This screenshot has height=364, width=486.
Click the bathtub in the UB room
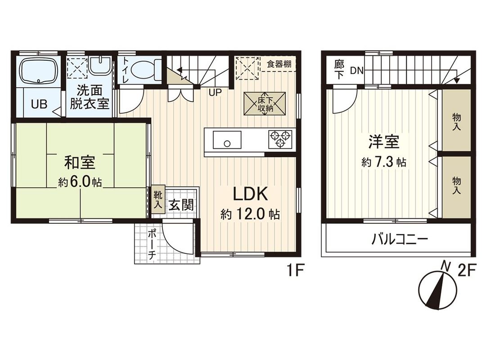coord(39,71)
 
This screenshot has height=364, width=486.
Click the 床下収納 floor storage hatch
coord(264,103)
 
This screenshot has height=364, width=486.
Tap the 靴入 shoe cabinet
coord(156,200)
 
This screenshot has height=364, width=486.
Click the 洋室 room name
coord(383,142)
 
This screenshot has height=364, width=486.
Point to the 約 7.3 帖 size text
coord(383,162)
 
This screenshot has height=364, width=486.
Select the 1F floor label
coord(297,271)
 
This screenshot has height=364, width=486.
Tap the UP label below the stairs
coord(214,93)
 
